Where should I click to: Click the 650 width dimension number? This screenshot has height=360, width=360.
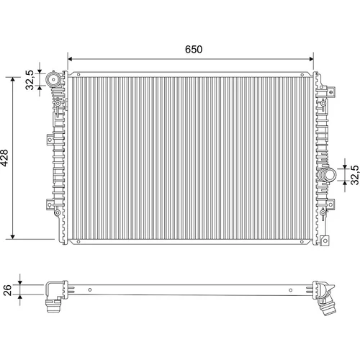tap(194, 49)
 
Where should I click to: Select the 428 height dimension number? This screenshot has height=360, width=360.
tap(4, 158)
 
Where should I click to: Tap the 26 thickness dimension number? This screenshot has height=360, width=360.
tap(8, 290)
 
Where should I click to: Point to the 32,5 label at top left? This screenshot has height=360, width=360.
tap(30, 80)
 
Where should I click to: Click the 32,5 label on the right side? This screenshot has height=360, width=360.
tap(355, 175)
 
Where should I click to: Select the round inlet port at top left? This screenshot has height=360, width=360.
tap(53, 78)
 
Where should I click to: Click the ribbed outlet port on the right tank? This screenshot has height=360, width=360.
tap(326, 175)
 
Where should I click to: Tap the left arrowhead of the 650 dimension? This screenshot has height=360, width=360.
tap(70, 59)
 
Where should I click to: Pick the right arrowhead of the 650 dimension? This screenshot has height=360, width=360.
tap(311, 59)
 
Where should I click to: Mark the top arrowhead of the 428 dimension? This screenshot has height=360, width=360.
tap(13, 79)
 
